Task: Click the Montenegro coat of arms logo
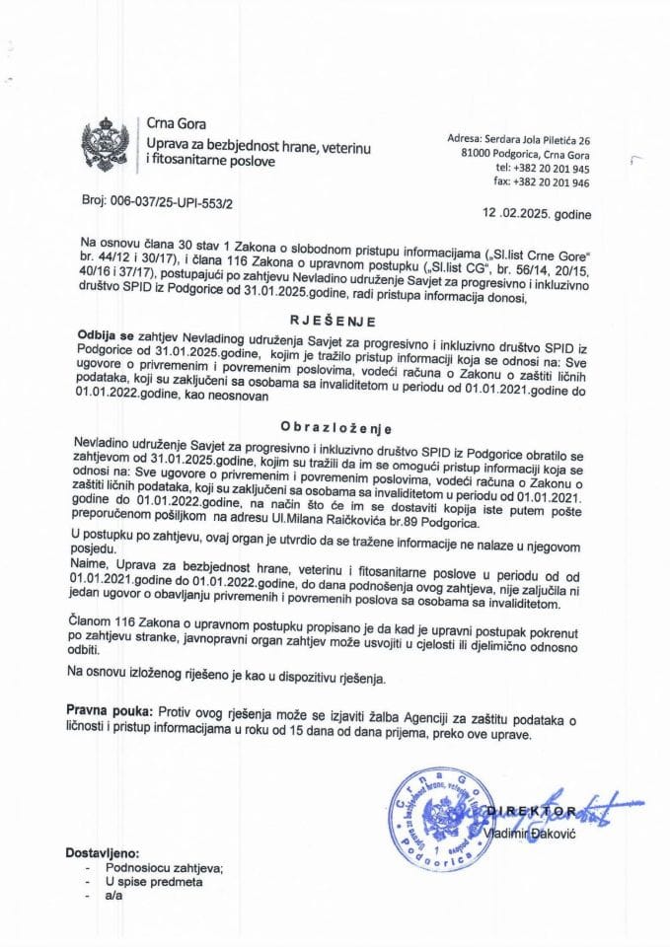99,145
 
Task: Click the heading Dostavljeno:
104,852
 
